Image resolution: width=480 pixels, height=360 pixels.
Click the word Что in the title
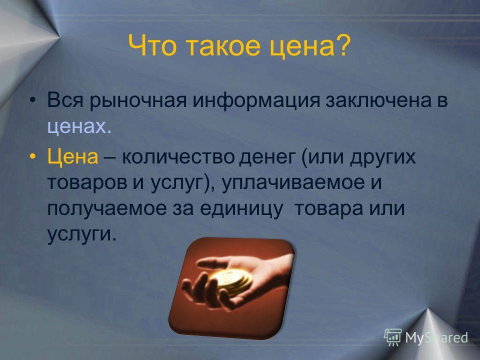click(x=152, y=45)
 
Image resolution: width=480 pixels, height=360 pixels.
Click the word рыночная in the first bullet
click(x=138, y=101)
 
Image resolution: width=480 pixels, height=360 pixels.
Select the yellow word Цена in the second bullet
click(x=73, y=156)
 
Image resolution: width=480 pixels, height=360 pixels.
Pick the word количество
click(x=178, y=157)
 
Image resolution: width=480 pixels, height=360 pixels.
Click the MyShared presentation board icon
click(x=393, y=337)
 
